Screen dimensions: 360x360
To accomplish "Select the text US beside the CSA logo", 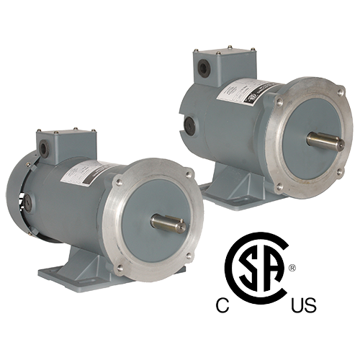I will pos(305,307).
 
